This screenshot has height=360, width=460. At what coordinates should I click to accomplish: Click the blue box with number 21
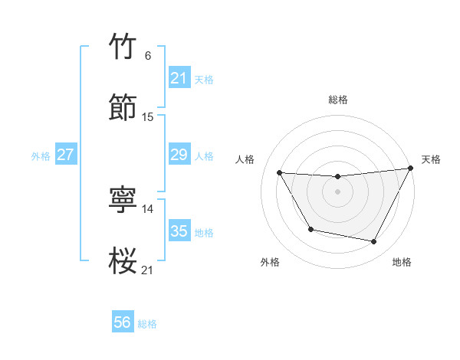pyautogui.click(x=179, y=78)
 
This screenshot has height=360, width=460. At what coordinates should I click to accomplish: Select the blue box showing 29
pyautogui.click(x=179, y=155)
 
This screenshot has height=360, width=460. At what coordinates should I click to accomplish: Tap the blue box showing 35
pyautogui.click(x=179, y=231)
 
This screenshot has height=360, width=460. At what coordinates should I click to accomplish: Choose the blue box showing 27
pyautogui.click(x=65, y=155)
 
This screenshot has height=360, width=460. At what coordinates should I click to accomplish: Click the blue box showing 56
pyautogui.click(x=123, y=322)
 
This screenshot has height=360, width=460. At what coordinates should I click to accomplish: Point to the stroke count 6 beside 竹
pyautogui.click(x=148, y=56)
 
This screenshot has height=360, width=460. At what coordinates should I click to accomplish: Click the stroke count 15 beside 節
pyautogui.click(x=148, y=116)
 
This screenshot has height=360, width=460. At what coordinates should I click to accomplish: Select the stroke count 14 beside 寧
pyautogui.click(x=148, y=208)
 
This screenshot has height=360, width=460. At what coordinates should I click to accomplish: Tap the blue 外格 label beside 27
pyautogui.click(x=41, y=155)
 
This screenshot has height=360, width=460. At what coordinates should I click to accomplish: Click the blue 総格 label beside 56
pyautogui.click(x=147, y=324)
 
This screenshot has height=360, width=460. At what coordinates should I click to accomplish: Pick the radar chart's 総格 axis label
pyautogui.click(x=337, y=100)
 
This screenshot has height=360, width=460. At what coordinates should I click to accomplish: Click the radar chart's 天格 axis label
pyautogui.click(x=431, y=159)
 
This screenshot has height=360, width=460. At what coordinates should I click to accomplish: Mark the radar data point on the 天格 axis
pyautogui.click(x=410, y=169)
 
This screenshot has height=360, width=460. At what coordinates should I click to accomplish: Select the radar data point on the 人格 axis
pyautogui.click(x=279, y=172)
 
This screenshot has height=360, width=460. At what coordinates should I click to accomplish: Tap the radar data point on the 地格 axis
pyautogui.click(x=374, y=242)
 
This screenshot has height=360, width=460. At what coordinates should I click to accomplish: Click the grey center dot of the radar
pyautogui.click(x=337, y=191)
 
